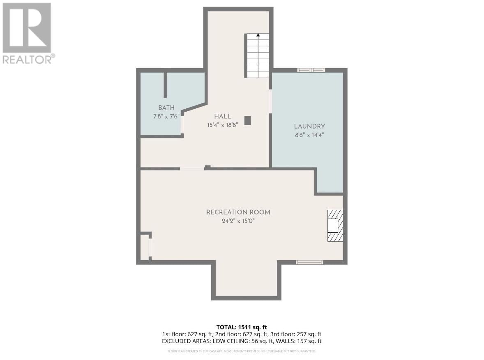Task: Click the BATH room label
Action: (166, 108)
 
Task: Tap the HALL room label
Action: (222, 116)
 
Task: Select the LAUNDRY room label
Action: (309, 126)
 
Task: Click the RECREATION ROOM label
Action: (238, 212)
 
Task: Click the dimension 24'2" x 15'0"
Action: (238, 221)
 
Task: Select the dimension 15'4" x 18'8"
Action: (222, 125)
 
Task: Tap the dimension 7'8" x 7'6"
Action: (166, 116)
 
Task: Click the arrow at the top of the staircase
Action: (258, 36)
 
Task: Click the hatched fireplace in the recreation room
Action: (334, 226)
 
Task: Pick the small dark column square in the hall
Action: (247, 120)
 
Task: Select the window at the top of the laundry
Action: (311, 70)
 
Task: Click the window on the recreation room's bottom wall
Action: (309, 262)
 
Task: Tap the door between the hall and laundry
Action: (270, 101)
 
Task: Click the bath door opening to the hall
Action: (182, 124)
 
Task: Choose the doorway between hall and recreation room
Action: (192, 168)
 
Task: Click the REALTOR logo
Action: (28, 33)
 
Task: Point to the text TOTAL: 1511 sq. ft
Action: (242, 327)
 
